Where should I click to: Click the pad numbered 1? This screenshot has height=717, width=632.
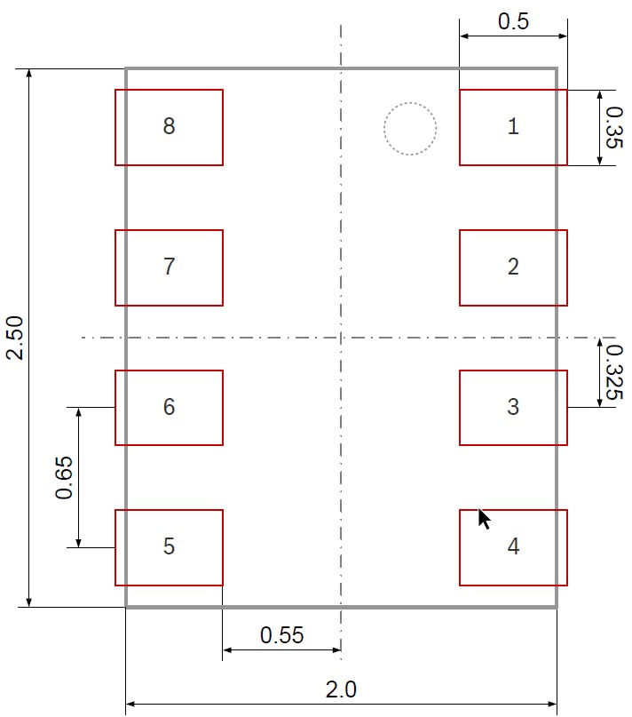pos(513,128)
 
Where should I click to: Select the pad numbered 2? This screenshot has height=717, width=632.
pos(513,268)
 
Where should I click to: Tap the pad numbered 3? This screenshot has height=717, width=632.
pos(513,408)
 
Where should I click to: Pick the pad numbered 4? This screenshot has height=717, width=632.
pos(513,548)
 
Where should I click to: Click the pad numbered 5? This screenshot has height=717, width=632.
pos(169,548)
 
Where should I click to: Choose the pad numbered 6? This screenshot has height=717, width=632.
pos(169,408)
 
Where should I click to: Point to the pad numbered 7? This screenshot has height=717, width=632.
pos(169,268)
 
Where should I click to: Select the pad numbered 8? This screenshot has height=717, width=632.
pos(169,128)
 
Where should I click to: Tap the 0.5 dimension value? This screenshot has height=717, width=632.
pos(513,21)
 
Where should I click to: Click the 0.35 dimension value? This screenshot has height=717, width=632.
pos(614,128)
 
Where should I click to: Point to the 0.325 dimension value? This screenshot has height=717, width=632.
pos(614,372)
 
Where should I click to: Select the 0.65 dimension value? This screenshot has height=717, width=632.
pos(64,477)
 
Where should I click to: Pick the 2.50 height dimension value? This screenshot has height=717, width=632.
pos(14,338)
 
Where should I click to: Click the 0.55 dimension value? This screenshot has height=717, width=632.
pos(282,635)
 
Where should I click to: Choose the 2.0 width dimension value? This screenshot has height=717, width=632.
pos(341,689)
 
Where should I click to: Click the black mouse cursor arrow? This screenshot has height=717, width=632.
pos(484,519)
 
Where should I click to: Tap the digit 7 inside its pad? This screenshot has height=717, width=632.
pos(169,267)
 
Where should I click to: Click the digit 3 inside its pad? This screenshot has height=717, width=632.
pos(513,407)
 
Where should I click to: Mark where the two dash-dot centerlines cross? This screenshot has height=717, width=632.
pos(341,338)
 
